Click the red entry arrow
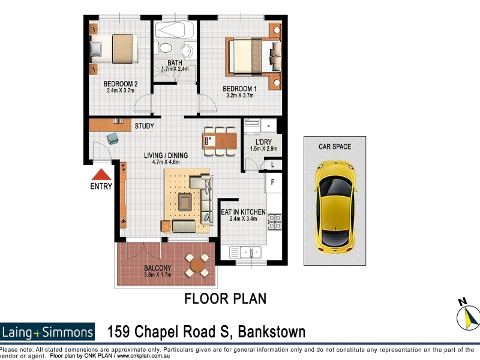(101, 175)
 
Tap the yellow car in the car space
(335, 207)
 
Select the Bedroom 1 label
(239, 89)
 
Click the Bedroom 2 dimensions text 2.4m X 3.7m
(121, 91)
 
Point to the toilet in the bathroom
(164, 47)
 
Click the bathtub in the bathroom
(174, 29)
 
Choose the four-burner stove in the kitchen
(275, 222)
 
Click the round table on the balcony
(197, 265)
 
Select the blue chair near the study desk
(112, 139)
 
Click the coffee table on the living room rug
(185, 202)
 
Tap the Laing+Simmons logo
(47, 332)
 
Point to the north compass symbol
(467, 316)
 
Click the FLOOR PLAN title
(226, 299)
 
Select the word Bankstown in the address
(272, 332)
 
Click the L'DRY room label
(263, 142)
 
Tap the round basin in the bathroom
(187, 50)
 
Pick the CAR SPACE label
(335, 146)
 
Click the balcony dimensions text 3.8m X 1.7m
(158, 275)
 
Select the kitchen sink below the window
(245, 253)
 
